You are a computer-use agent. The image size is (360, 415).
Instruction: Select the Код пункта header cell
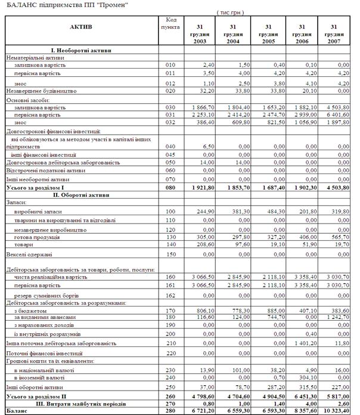pos(170,23)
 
